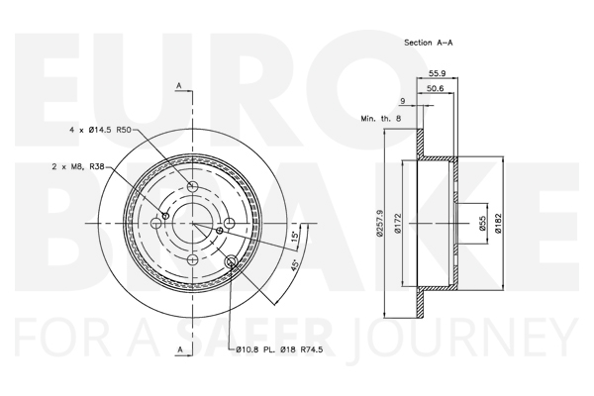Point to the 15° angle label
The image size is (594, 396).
tap(294, 238)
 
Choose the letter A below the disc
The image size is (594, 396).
tap(179, 350)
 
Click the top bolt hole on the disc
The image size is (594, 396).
tap(192, 187)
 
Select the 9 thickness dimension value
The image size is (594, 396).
tap(403, 102)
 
